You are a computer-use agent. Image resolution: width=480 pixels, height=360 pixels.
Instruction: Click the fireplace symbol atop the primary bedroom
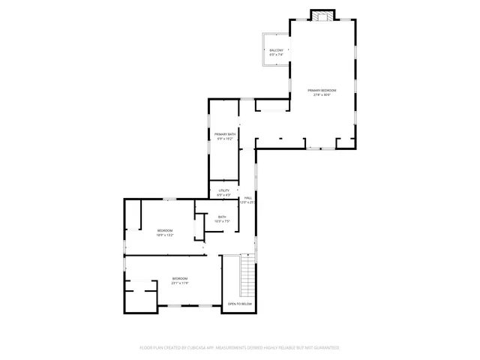pyautogui.click(x=322, y=16)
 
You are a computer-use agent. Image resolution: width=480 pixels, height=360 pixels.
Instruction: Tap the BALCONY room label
pyautogui.click(x=276, y=50)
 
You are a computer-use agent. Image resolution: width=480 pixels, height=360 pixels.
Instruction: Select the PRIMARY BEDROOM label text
pyautogui.click(x=322, y=90)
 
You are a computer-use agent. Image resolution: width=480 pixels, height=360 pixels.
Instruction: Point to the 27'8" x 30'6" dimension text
pyautogui.click(x=322, y=94)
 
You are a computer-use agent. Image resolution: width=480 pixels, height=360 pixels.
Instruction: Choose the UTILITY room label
pyautogui.click(x=223, y=190)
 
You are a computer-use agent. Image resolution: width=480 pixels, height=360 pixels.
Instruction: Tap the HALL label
pyautogui.click(x=247, y=198)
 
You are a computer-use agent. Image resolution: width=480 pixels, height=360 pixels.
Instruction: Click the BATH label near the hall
pyautogui.click(x=222, y=217)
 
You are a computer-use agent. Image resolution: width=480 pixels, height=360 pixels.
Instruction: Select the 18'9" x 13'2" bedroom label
pyautogui.click(x=165, y=235)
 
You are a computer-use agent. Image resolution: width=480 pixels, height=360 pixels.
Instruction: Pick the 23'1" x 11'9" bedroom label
pyautogui.click(x=179, y=283)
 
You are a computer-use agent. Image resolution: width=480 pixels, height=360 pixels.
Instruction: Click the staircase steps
pyautogui.click(x=247, y=275)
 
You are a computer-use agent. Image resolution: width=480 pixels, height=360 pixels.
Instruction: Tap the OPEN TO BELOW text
pyautogui.click(x=240, y=304)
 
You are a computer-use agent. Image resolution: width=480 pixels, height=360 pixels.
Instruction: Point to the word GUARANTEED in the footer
pyautogui.click(x=324, y=348)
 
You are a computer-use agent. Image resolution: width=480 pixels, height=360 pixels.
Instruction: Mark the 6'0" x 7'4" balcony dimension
pyautogui.click(x=276, y=55)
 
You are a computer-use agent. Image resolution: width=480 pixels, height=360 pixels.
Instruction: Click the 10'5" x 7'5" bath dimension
pyautogui.click(x=222, y=221)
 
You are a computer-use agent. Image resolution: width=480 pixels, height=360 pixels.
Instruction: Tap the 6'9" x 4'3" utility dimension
pyautogui.click(x=223, y=195)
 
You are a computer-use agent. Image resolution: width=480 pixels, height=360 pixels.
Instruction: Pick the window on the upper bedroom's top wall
pyautogui.click(x=170, y=199)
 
